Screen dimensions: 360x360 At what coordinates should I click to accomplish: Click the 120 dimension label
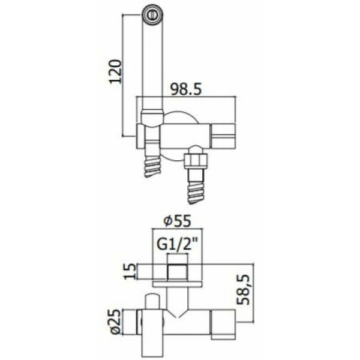(x=115, y=71)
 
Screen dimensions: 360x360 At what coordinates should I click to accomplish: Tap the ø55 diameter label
(x=177, y=221)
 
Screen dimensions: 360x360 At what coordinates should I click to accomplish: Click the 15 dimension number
(x=130, y=271)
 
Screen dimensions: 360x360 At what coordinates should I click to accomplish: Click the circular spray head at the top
(x=152, y=15)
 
